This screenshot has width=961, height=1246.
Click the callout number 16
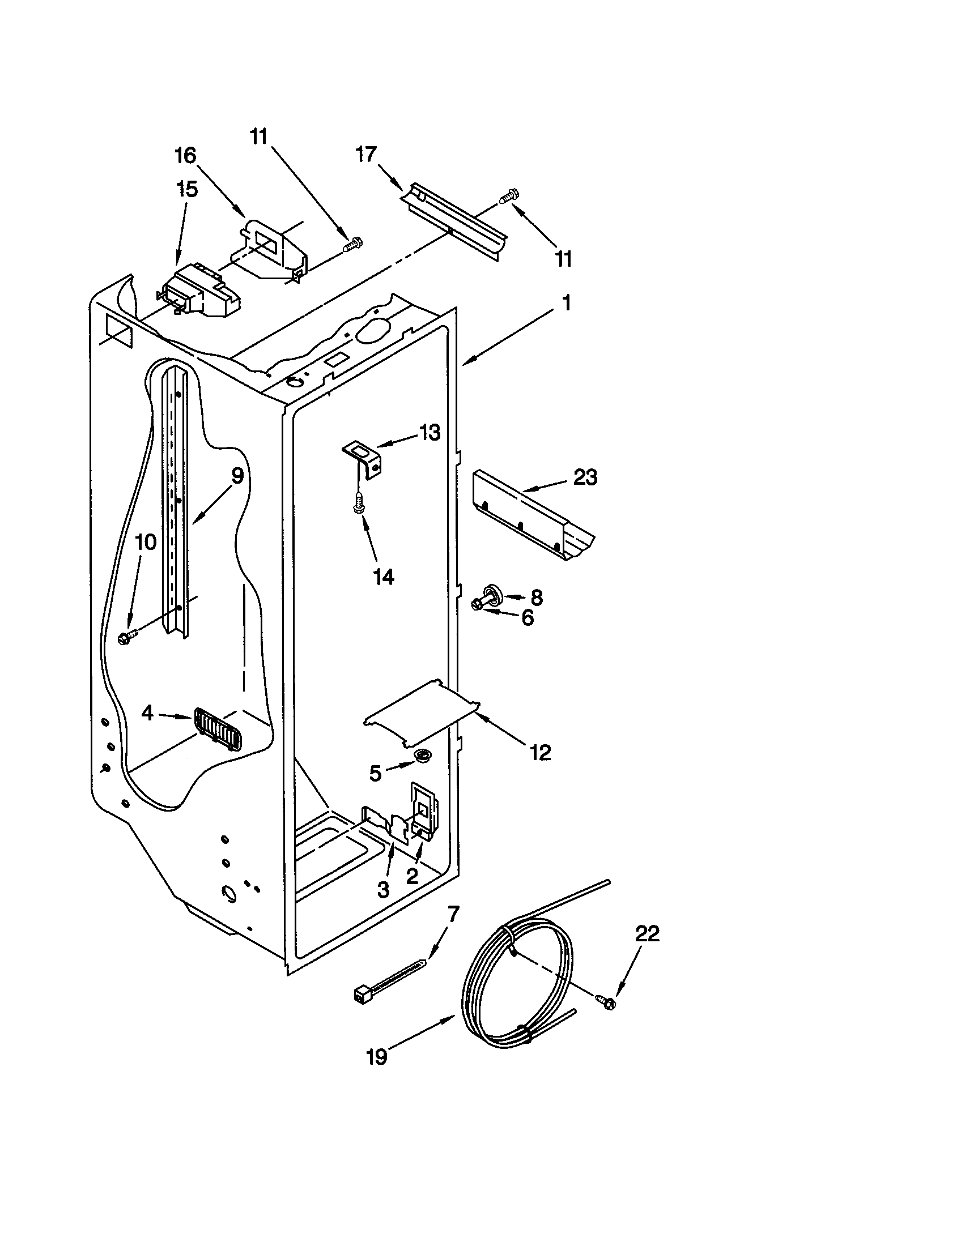click(185, 155)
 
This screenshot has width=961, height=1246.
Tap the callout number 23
click(585, 477)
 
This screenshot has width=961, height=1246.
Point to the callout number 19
click(376, 1057)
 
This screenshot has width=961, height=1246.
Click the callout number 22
click(647, 934)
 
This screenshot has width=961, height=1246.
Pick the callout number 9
click(237, 475)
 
